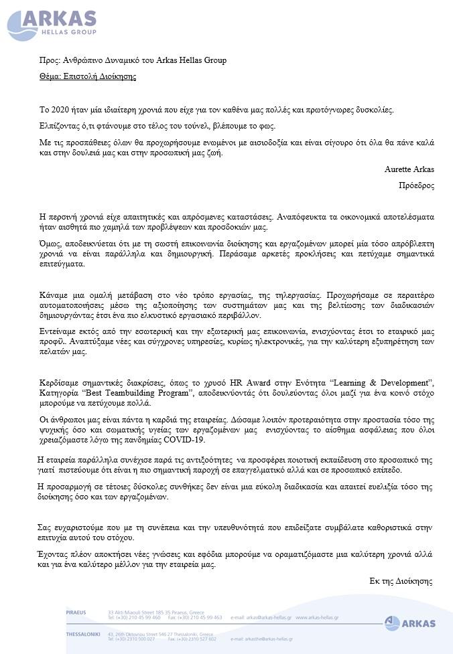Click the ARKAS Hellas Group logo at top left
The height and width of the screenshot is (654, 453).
53,24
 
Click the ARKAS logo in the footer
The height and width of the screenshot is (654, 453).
410,623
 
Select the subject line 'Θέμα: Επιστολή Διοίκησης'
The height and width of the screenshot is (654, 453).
88,76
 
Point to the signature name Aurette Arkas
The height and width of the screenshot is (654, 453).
409,169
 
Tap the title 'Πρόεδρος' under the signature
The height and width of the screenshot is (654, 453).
416,185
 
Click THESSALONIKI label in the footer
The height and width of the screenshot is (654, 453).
83,634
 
